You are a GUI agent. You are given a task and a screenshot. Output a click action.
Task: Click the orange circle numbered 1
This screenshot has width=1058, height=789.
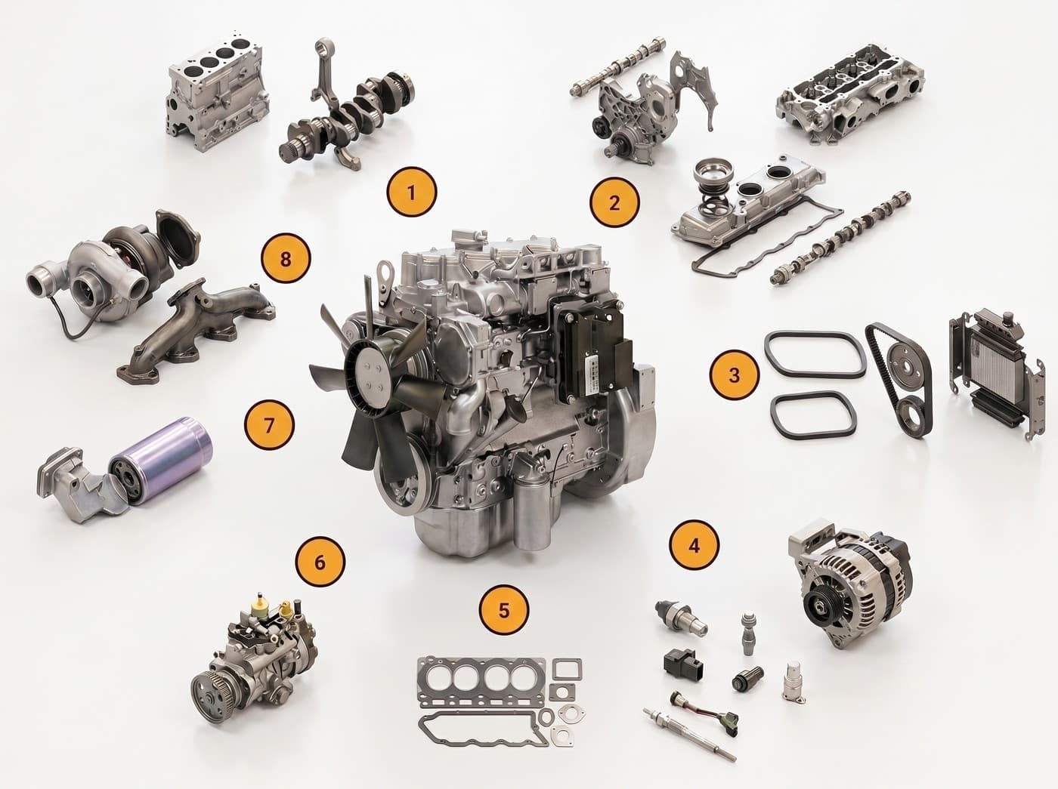click(411, 192)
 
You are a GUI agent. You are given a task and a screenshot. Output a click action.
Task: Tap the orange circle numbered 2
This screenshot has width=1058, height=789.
click(614, 202)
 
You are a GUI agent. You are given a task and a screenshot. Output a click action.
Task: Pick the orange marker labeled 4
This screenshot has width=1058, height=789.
click(694, 546)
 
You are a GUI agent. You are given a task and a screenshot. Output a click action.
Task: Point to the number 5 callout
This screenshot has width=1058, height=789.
click(504, 611)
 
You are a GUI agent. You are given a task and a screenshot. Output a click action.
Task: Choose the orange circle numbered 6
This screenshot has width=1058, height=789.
click(320, 562)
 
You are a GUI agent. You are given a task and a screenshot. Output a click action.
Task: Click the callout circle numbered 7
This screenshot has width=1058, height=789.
click(269, 425)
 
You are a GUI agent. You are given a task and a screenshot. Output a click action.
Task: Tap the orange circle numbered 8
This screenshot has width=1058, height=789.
click(286, 260)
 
